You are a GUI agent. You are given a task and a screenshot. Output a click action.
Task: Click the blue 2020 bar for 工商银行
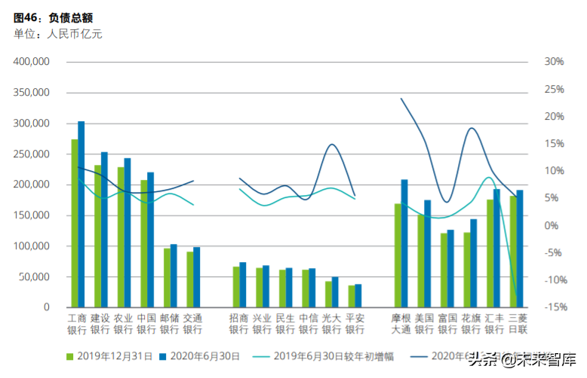click(81, 214)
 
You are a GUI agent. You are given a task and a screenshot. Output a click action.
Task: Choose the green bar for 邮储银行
click(167, 277)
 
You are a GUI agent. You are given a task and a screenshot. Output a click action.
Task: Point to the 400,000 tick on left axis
click(32, 62)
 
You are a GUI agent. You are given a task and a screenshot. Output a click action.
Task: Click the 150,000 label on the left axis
click(32, 215)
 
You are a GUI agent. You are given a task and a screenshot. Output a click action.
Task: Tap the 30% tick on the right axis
click(554, 62)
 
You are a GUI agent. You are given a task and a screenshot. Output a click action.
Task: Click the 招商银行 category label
click(239, 324)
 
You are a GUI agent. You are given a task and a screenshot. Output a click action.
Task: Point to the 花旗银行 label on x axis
click(471, 324)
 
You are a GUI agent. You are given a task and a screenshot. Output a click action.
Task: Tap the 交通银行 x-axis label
click(192, 324)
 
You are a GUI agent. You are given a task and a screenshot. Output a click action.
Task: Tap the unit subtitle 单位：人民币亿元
click(57, 33)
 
